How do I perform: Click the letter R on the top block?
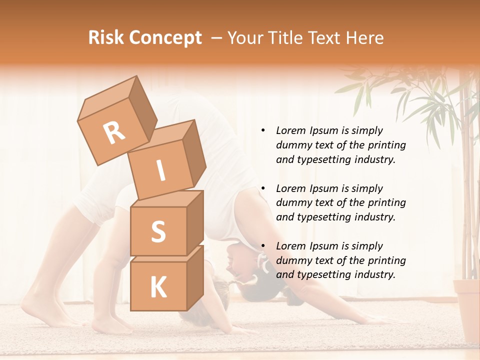(114, 132)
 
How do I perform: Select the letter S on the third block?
(158, 232)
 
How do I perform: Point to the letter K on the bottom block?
(158, 287)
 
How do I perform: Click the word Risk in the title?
(105, 38)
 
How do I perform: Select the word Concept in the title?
(165, 38)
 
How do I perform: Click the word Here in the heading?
(365, 38)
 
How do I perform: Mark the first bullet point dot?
(263, 131)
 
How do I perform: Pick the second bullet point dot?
(263, 189)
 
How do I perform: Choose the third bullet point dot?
(263, 246)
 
